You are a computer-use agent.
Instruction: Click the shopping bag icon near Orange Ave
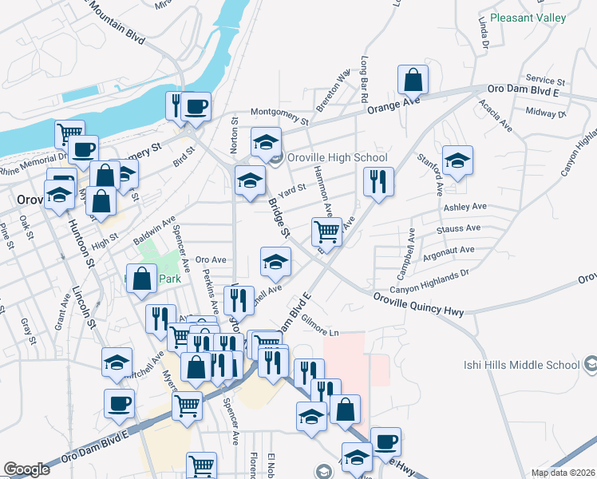click(x=413, y=80)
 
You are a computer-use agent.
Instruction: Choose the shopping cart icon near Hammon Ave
click(x=326, y=232)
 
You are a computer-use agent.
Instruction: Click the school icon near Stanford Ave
click(x=457, y=160)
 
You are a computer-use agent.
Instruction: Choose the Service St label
click(x=545, y=81)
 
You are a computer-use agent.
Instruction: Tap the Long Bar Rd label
click(x=364, y=77)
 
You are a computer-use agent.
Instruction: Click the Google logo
click(x=26, y=469)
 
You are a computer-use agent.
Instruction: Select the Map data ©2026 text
click(x=563, y=473)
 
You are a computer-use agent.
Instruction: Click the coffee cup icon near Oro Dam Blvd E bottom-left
click(x=120, y=404)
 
